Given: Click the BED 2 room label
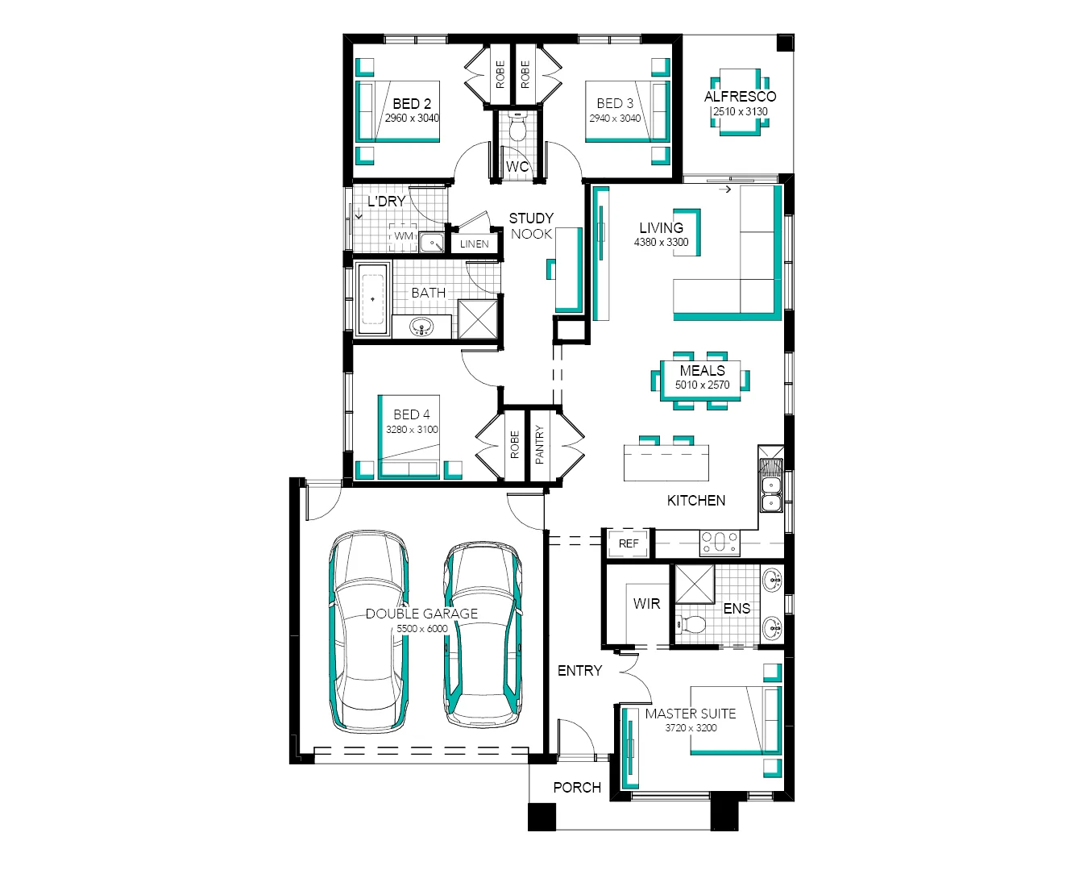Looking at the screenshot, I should [x=412, y=104].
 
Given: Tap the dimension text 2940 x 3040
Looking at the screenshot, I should [x=615, y=119].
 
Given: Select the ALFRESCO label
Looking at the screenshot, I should [x=740, y=97].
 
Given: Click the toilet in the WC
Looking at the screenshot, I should [x=517, y=127].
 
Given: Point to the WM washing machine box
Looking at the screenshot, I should [x=404, y=236].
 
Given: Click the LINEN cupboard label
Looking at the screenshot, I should [x=474, y=244].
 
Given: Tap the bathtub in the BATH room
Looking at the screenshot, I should [x=373, y=299].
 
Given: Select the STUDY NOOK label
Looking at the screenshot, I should [x=531, y=226].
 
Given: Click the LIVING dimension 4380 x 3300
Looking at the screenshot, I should [x=661, y=242].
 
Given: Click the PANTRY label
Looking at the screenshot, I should [x=540, y=444].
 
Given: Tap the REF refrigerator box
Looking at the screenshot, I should [x=629, y=543].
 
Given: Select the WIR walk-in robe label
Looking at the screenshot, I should [x=646, y=603].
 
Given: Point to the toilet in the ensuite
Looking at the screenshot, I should [x=691, y=623].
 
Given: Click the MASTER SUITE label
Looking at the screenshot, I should [x=690, y=714].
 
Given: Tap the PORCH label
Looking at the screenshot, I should [x=577, y=787].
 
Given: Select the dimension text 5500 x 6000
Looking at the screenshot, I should [x=421, y=629].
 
